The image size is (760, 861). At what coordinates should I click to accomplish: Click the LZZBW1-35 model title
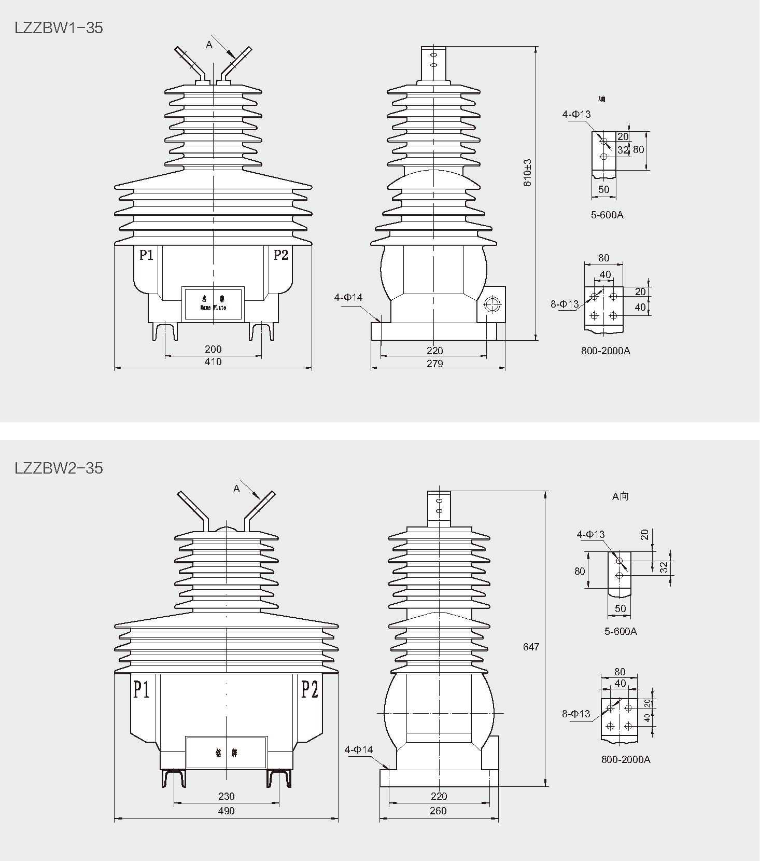59,27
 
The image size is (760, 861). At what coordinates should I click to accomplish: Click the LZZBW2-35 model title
59,468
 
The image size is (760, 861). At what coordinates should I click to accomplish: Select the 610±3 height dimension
528,172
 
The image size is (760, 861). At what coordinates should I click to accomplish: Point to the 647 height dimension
531,647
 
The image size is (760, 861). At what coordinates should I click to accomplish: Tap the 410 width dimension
213,362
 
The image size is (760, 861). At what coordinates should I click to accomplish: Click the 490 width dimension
226,811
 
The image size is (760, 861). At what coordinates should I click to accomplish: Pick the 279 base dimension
434,364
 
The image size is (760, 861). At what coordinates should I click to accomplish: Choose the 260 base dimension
438,811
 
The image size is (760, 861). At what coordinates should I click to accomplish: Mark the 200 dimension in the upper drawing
213,349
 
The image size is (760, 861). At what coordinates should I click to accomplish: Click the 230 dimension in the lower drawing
226,796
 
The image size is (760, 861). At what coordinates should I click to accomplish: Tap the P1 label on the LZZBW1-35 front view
146,255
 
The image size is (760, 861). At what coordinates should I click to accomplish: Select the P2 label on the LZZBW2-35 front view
309,690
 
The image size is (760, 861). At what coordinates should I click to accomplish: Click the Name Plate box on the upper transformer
213,303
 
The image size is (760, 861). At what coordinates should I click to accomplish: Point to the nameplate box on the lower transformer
226,752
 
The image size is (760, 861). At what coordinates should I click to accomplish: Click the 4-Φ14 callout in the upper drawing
348,298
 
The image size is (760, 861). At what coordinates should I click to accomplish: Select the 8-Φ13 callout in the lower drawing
576,714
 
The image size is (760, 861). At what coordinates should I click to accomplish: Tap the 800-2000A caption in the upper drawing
606,351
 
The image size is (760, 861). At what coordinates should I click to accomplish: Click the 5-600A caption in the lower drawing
621,631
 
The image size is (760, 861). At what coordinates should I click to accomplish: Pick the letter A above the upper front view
209,45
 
